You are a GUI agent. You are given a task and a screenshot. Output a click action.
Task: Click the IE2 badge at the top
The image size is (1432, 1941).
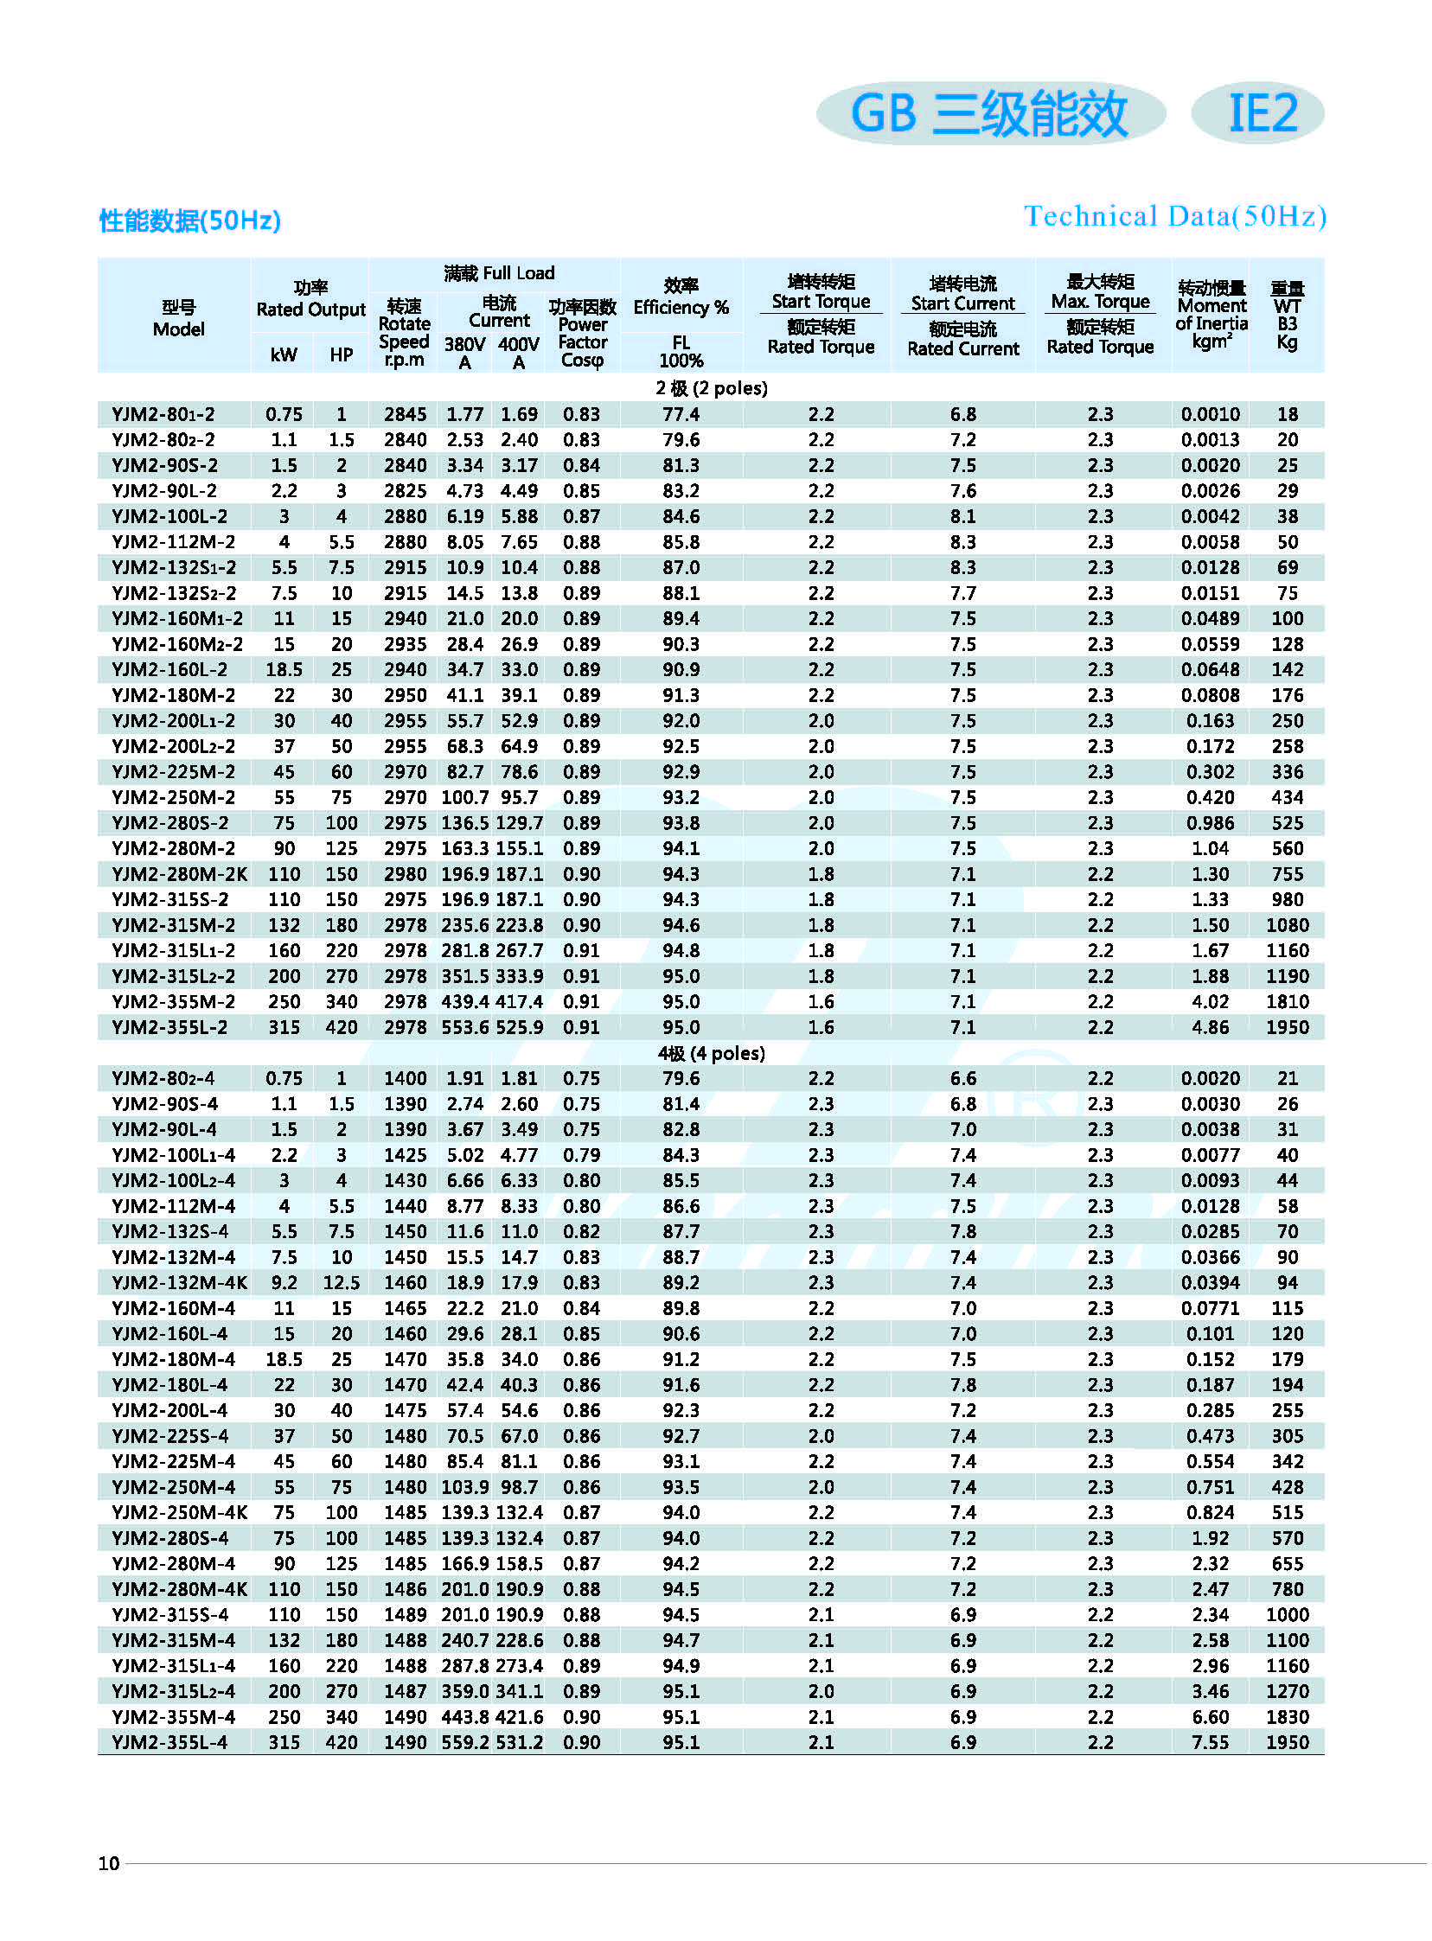pos(1261,113)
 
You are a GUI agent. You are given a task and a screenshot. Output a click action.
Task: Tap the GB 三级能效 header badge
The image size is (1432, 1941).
pos(990,113)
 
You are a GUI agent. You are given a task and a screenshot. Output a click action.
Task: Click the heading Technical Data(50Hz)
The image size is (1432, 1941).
pos(1174,216)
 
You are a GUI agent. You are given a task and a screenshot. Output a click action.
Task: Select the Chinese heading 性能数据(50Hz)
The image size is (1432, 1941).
pos(190,221)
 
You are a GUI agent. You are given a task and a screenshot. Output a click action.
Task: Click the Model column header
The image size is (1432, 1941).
pos(178,318)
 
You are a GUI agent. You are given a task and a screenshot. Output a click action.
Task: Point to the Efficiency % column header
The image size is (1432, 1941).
pos(681,307)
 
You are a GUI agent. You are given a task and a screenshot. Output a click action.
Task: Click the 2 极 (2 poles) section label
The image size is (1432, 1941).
pos(712,387)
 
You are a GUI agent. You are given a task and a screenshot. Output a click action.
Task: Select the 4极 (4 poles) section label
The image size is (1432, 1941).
pos(712,1053)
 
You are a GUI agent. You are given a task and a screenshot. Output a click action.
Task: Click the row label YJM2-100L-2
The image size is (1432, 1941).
pos(169,516)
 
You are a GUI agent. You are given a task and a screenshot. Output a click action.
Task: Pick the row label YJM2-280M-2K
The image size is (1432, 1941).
pos(180,874)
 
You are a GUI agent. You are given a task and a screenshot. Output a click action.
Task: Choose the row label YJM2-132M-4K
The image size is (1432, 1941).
pos(180,1282)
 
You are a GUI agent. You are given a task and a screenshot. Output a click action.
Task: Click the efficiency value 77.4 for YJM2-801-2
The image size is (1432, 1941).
pos(681,414)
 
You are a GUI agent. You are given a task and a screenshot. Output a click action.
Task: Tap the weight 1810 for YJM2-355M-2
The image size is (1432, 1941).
pos(1288,1002)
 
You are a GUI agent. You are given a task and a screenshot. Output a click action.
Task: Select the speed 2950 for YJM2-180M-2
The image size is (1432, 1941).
pos(405,695)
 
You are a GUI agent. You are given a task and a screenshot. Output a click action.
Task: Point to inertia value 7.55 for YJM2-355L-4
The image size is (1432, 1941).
pos(1210,1741)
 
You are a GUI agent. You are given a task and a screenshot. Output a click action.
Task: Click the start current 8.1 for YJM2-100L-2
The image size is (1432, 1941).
pos(962,516)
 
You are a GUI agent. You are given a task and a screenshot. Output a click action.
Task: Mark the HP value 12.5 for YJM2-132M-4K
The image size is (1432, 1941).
pos(342,1282)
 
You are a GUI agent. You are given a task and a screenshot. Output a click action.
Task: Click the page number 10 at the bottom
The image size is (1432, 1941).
pos(109,1863)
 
